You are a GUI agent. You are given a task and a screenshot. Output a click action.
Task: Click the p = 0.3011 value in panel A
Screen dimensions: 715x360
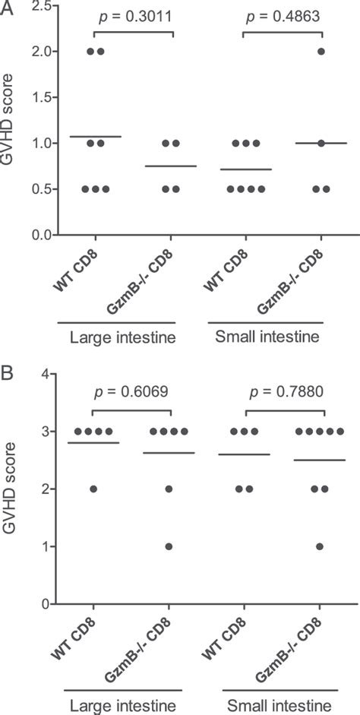click(134, 17)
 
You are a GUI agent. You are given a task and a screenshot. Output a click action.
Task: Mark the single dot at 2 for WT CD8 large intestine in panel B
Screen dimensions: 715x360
click(94, 489)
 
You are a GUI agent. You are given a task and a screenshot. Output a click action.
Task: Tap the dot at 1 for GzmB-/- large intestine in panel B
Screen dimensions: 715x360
click(169, 546)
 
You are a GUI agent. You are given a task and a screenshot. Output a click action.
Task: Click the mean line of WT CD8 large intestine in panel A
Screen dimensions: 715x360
click(94, 137)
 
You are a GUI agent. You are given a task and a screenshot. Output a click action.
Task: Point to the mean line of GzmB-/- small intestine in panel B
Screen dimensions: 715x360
click(323, 460)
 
